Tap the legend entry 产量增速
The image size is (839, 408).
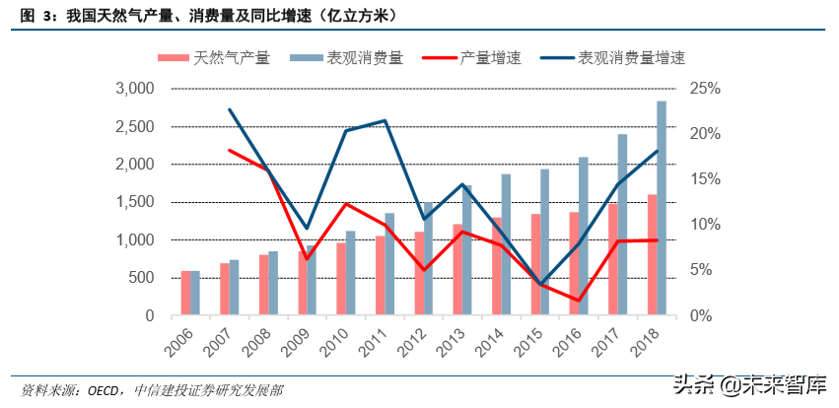[x=483, y=58]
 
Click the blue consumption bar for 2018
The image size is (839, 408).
[x=662, y=208]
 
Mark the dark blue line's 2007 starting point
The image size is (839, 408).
[x=229, y=109]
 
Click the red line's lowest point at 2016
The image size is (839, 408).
[x=579, y=301]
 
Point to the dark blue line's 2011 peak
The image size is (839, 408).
[x=385, y=120]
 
